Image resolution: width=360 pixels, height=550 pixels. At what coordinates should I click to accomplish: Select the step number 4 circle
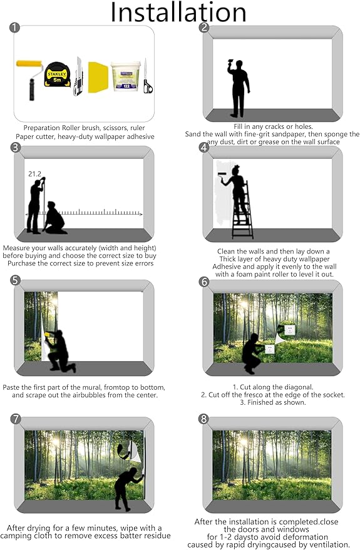pos(203,148)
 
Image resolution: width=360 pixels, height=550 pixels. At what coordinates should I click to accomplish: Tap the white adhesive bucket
pos(123,77)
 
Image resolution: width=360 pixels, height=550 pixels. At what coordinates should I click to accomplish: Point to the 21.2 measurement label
pos(34,173)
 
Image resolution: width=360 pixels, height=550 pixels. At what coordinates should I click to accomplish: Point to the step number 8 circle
pos(203,419)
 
